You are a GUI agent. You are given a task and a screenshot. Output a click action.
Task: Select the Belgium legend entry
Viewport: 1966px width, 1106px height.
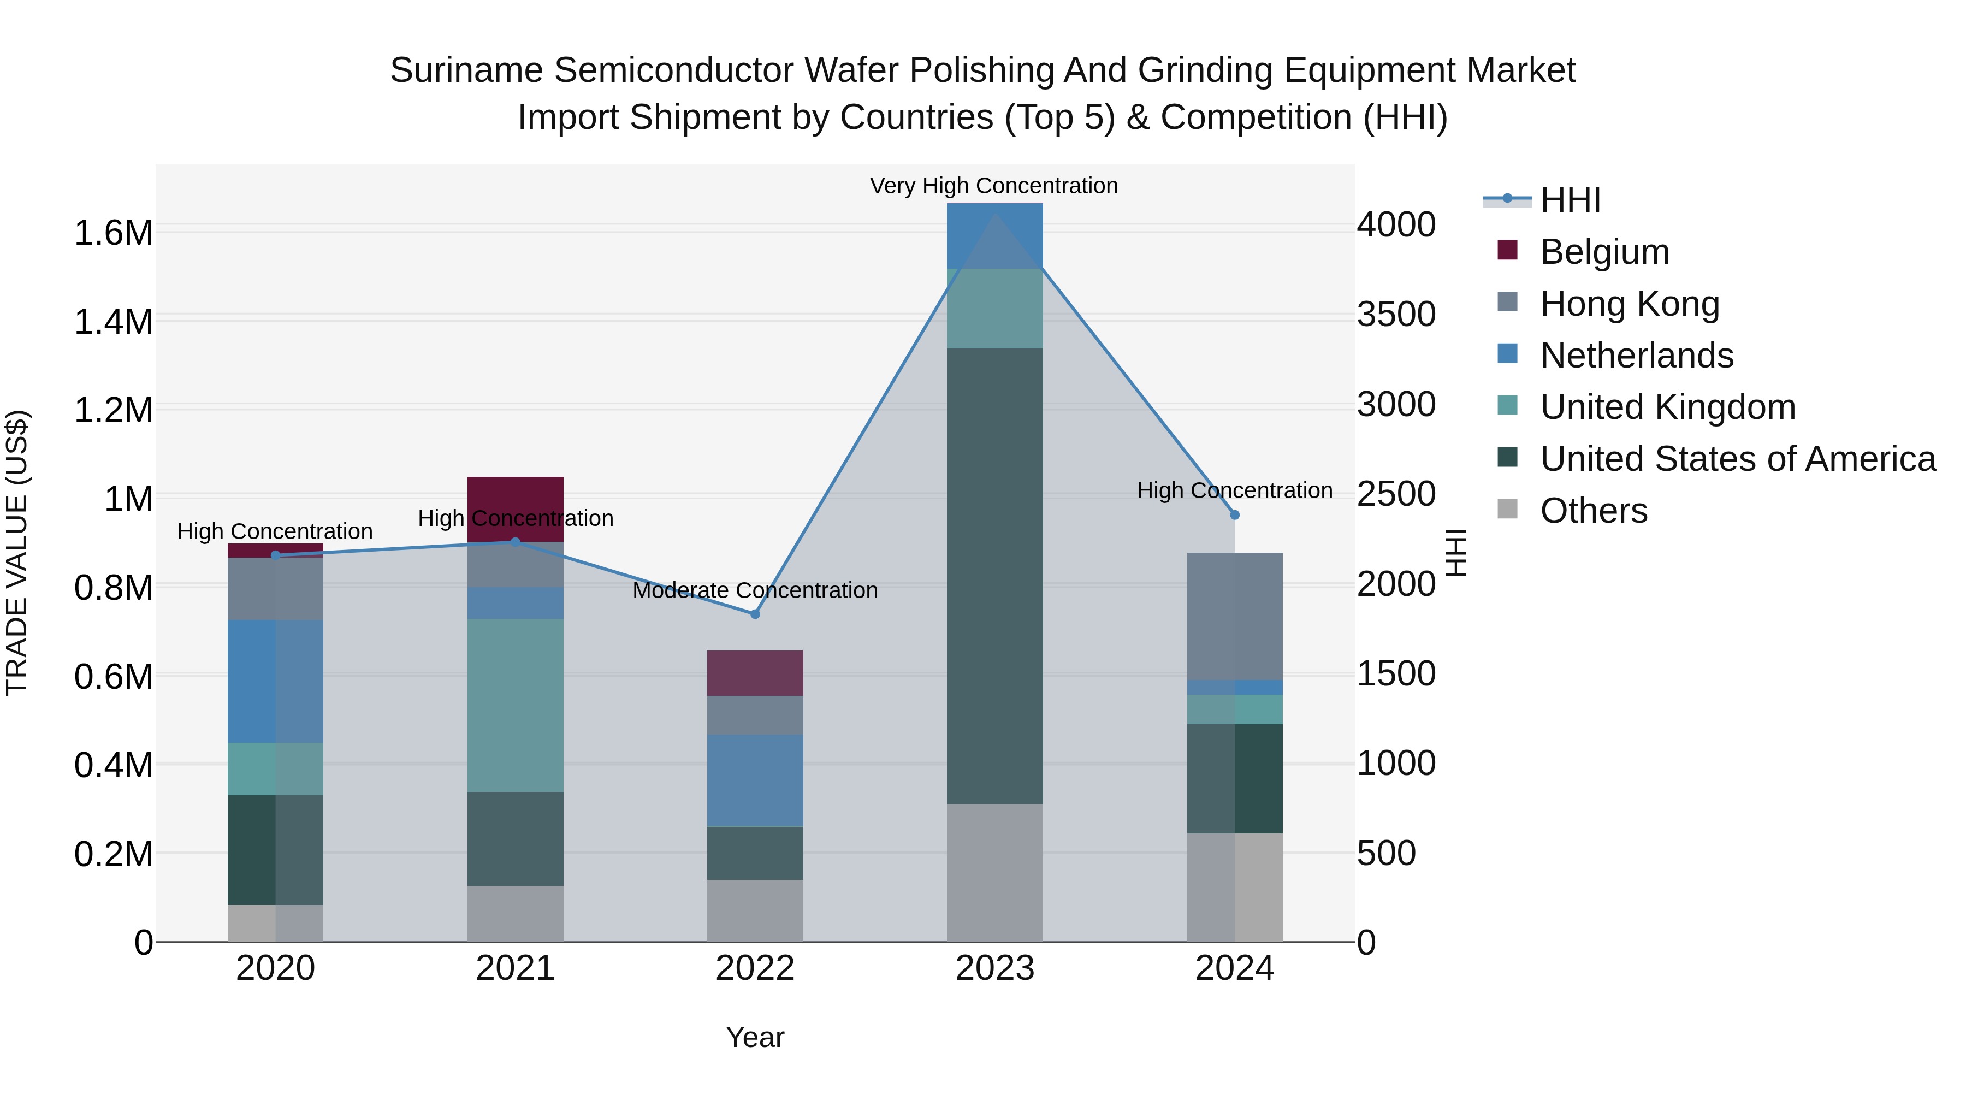pos(1604,252)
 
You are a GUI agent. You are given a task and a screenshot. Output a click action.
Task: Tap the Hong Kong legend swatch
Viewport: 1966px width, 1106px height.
pos(1507,302)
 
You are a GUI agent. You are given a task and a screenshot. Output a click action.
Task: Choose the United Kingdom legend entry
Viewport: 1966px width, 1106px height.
pos(1668,407)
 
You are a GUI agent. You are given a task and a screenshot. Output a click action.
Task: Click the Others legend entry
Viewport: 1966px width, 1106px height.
pos(1594,511)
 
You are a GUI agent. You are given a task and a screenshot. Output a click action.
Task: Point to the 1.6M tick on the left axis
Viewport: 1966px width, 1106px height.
pos(113,232)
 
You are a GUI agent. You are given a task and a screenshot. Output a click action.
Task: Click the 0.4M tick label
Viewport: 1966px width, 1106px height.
pos(113,765)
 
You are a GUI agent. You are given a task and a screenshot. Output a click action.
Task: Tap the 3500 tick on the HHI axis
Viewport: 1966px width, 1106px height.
pos(1396,315)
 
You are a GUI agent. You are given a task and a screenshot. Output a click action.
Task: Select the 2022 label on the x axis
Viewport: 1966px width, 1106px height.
pos(755,968)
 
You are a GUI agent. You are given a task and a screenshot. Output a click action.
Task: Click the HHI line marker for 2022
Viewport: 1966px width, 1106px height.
pos(755,614)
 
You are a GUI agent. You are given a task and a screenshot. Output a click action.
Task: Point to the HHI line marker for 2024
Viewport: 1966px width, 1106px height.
pos(1235,515)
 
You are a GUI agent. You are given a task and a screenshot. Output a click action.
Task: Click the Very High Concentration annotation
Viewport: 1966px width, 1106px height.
pos(994,186)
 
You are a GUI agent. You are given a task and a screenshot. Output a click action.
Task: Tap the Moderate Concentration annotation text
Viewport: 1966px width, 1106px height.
pos(755,590)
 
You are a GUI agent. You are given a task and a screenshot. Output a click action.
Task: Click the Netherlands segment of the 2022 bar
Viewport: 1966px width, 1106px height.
pos(755,780)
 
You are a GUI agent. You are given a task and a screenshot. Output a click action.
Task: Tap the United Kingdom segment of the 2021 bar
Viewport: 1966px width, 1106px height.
pos(515,705)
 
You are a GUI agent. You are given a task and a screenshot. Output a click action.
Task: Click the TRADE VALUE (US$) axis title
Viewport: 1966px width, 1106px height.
pos(17,553)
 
